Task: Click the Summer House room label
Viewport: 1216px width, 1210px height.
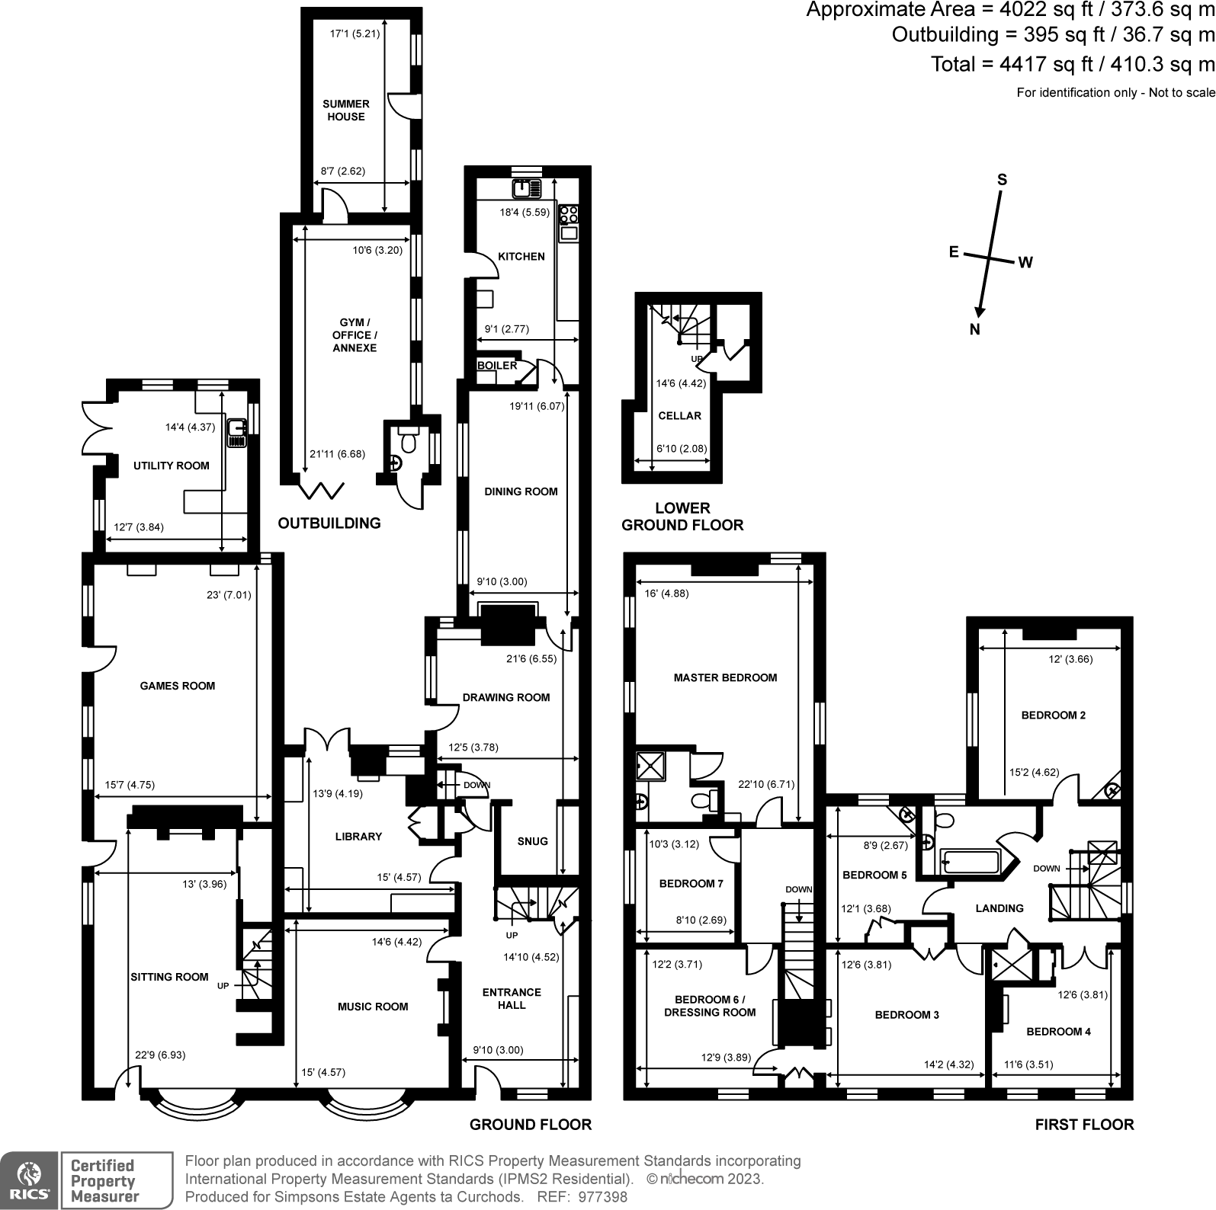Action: (x=346, y=110)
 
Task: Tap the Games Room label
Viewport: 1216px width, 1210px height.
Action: (x=178, y=686)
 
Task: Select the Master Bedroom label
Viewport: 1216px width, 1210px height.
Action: (x=725, y=677)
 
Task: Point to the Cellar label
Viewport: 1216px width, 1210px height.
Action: (x=679, y=416)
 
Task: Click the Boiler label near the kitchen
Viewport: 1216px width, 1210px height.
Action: (x=497, y=366)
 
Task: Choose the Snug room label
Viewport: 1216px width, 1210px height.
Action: (x=532, y=841)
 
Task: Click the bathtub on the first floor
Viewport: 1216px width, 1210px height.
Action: (x=971, y=862)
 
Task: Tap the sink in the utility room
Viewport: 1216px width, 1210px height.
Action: (x=237, y=433)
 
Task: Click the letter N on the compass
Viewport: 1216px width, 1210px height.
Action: (x=974, y=330)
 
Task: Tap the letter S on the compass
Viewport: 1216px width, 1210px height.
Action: (x=1003, y=180)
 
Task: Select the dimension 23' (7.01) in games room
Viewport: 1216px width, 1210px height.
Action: (x=239, y=595)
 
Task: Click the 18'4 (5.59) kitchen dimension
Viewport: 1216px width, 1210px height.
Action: (x=525, y=213)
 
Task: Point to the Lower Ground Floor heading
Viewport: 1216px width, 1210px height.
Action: (x=682, y=516)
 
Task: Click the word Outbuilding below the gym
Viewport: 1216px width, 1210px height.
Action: (x=329, y=523)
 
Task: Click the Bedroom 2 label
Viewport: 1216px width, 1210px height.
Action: (x=1054, y=715)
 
